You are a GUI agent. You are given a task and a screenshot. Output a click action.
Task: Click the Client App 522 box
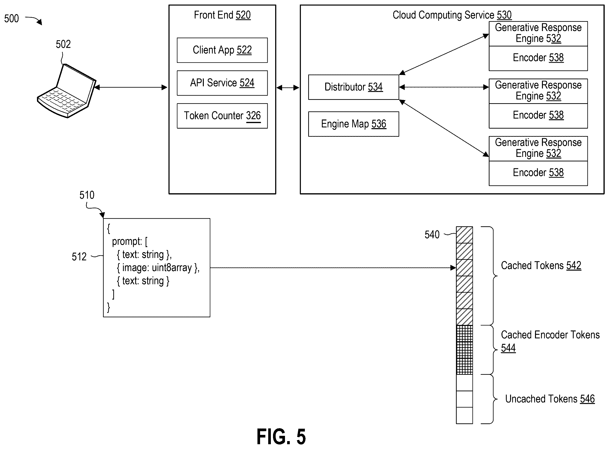click(x=222, y=50)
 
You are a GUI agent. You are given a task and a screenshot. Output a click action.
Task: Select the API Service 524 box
click(x=222, y=83)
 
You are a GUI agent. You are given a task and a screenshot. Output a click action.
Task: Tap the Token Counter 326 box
click(x=222, y=116)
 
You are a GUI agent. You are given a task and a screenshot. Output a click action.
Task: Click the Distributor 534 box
click(x=353, y=87)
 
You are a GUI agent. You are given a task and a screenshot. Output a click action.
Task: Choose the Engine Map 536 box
click(x=353, y=124)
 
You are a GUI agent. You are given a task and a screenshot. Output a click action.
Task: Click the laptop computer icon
click(x=67, y=91)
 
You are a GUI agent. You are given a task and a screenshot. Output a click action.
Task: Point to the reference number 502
click(x=63, y=44)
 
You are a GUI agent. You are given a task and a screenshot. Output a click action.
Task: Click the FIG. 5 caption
click(x=281, y=437)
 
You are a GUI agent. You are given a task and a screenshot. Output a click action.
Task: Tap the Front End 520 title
click(x=222, y=15)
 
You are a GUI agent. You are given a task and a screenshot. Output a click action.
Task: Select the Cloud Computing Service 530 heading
click(x=452, y=15)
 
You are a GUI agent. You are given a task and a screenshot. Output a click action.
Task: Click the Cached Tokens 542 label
click(x=541, y=266)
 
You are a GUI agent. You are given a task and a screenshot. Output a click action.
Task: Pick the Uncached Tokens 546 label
click(x=550, y=399)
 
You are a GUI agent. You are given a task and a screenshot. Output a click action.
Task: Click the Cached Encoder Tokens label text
click(x=550, y=335)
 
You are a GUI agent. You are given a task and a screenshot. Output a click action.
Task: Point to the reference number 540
click(x=432, y=234)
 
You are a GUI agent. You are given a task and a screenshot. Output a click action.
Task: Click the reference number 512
click(x=79, y=256)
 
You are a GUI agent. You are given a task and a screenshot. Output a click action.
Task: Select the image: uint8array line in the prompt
click(x=158, y=268)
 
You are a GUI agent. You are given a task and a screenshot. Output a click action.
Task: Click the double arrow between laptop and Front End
click(x=131, y=87)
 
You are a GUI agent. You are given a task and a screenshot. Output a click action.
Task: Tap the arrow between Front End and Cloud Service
click(x=288, y=87)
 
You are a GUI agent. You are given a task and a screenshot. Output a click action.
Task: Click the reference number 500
click(x=11, y=18)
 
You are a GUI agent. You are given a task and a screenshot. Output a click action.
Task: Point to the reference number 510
click(x=87, y=195)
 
